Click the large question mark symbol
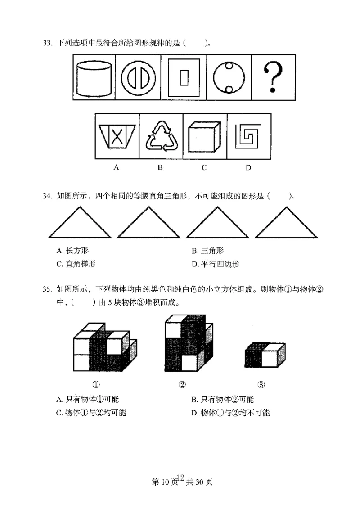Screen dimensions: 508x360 [x=274, y=76]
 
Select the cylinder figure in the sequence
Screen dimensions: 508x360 [x=94, y=77]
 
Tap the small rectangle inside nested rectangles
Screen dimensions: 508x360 [x=184, y=77]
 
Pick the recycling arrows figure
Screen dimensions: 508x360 [x=161, y=137]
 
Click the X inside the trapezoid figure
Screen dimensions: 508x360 [x=117, y=136]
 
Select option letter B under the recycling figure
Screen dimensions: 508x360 [x=160, y=168]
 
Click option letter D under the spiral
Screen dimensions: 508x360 [x=248, y=168]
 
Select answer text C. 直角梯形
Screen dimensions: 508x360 [x=76, y=264]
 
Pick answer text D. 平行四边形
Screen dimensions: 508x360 [x=216, y=264]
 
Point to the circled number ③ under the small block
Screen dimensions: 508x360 [x=262, y=384]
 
